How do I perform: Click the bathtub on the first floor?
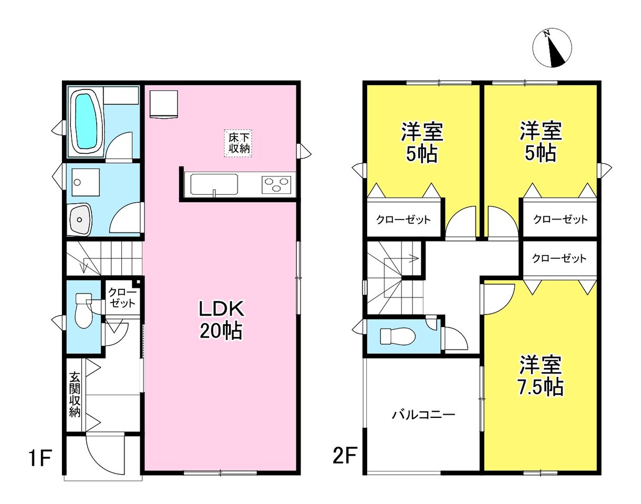[x=87, y=121]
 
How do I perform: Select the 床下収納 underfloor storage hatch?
[x=238, y=143]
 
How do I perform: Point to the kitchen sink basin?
[x=214, y=185]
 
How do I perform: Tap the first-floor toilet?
[x=84, y=310]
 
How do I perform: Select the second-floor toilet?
[x=398, y=337]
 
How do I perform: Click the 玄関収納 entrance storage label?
[x=75, y=394]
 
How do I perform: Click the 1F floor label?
[x=40, y=459]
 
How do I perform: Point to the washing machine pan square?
[x=86, y=182]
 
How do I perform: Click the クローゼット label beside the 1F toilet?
[x=122, y=297]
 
